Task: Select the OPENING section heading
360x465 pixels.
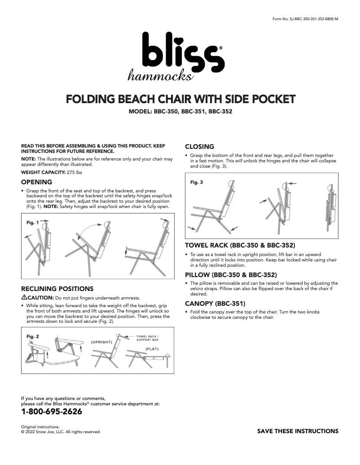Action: tap(37, 182)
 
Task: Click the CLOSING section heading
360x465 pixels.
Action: tap(199, 147)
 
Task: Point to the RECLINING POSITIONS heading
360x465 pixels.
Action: tap(57, 288)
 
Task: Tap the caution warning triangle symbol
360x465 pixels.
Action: tap(24, 297)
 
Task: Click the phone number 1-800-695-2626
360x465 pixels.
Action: tap(52, 412)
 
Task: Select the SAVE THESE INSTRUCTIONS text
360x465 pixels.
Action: tap(298, 431)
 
